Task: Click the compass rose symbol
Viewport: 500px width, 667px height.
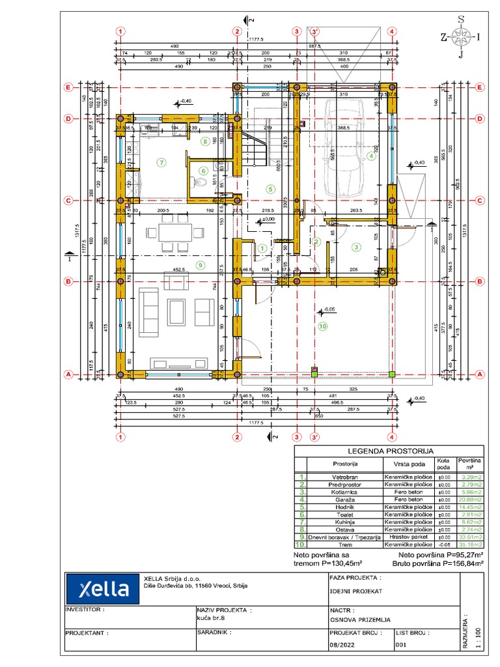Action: [x=460, y=37]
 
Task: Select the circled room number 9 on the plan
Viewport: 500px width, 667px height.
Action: [x=200, y=264]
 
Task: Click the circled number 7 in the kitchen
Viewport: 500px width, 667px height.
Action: [x=161, y=162]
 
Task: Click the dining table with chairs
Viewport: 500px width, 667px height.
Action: [x=169, y=233]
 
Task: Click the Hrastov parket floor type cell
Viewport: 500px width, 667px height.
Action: [x=407, y=537]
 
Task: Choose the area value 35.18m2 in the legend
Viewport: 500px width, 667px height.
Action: [x=470, y=545]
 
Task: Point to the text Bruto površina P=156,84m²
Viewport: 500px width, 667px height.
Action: [x=437, y=563]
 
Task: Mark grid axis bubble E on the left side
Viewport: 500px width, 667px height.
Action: [x=67, y=87]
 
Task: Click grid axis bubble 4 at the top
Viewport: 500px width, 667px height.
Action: [x=392, y=31]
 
